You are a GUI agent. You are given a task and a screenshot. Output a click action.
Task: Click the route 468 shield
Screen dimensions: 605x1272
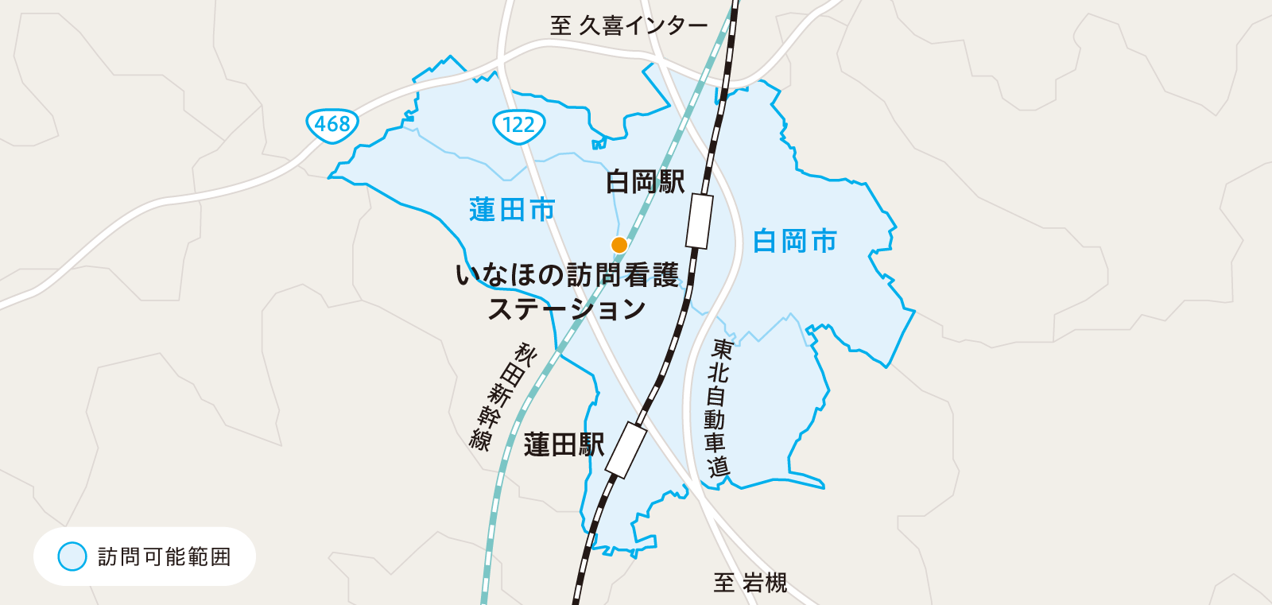(332, 125)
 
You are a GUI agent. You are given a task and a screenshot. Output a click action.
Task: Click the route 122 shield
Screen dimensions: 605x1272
(518, 125)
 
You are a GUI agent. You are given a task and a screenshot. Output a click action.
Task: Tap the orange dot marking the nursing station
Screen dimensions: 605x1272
(619, 245)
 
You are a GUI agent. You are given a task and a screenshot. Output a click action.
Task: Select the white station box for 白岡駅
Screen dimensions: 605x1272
(700, 221)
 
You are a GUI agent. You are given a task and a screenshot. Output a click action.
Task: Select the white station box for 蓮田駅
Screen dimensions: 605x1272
(626, 450)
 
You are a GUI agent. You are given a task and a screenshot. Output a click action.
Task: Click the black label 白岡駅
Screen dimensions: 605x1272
(645, 182)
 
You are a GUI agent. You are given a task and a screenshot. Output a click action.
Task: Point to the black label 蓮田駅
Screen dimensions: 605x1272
(564, 445)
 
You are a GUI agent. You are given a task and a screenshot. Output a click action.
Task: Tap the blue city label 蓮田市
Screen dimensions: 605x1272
(512, 211)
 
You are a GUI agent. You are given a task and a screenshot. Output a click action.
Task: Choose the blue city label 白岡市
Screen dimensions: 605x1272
(795, 241)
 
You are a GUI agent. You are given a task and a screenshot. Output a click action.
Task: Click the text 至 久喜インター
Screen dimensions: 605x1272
(628, 26)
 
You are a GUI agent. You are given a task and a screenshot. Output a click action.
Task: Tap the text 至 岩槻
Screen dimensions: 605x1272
(750, 584)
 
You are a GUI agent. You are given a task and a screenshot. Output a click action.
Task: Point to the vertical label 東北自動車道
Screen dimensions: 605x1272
(718, 407)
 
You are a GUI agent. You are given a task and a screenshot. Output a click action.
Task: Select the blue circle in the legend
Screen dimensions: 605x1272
(72, 557)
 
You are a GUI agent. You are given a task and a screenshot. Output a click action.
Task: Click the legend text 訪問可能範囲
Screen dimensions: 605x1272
(165, 557)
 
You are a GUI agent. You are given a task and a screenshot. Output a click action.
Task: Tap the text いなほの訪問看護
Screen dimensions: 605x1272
(567, 276)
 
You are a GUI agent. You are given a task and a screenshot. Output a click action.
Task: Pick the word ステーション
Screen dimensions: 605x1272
(566, 309)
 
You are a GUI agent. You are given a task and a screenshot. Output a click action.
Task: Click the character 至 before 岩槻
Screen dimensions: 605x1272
(724, 584)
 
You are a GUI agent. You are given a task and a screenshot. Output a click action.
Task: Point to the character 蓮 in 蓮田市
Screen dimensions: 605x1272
(483, 211)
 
